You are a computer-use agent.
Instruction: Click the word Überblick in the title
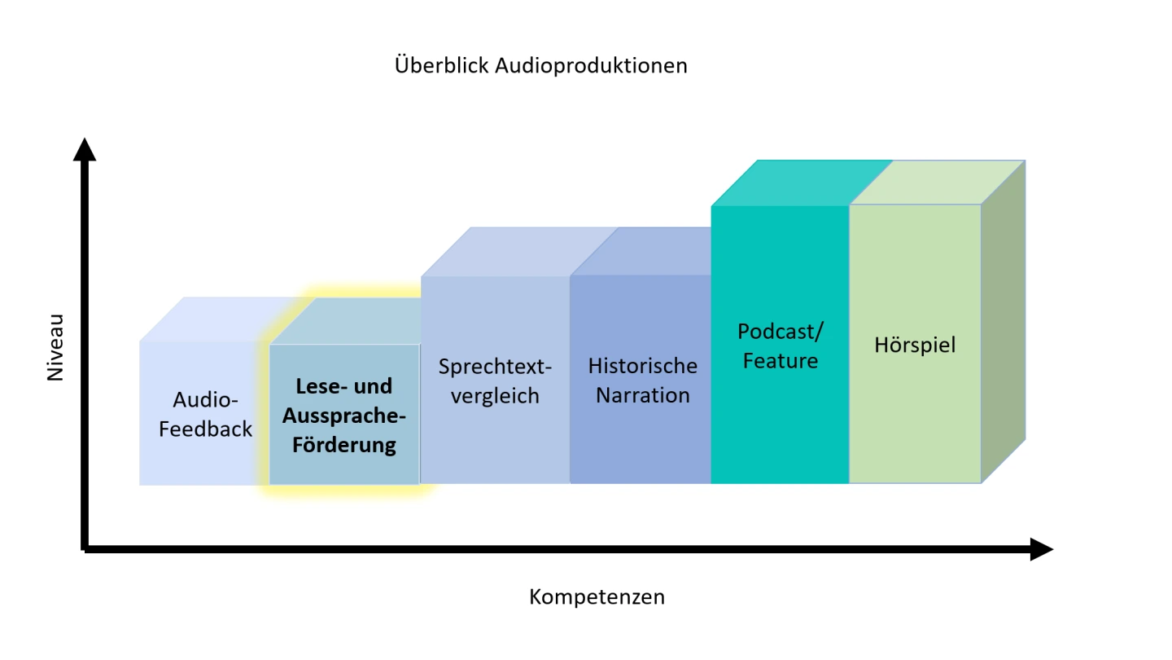pyautogui.click(x=442, y=65)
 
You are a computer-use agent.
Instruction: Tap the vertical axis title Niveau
pyautogui.click(x=55, y=347)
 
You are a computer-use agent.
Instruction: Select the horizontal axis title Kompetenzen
pyautogui.click(x=597, y=597)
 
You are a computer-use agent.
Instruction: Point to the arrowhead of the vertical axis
pyautogui.click(x=85, y=149)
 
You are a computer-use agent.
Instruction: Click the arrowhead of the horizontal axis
pyautogui.click(x=1042, y=549)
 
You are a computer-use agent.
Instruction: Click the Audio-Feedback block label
pyautogui.click(x=205, y=414)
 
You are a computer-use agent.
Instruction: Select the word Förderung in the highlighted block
pyautogui.click(x=344, y=445)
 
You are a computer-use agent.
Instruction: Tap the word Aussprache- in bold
pyautogui.click(x=344, y=416)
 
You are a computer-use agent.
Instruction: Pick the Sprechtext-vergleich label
pyautogui.click(x=495, y=381)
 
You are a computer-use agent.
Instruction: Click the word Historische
pyautogui.click(x=642, y=366)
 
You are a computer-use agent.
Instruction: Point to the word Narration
pyautogui.click(x=642, y=395)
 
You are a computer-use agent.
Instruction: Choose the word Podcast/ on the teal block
pyautogui.click(x=780, y=332)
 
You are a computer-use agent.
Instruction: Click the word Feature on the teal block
pyautogui.click(x=780, y=361)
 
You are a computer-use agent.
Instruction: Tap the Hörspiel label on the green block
pyautogui.click(x=915, y=345)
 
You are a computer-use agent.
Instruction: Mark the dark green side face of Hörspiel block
pyautogui.click(x=1003, y=321)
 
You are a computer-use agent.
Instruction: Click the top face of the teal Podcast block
pyautogui.click(x=802, y=183)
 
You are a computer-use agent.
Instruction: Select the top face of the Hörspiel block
pyautogui.click(x=937, y=183)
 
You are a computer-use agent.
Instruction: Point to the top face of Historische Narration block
pyautogui.click(x=641, y=252)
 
